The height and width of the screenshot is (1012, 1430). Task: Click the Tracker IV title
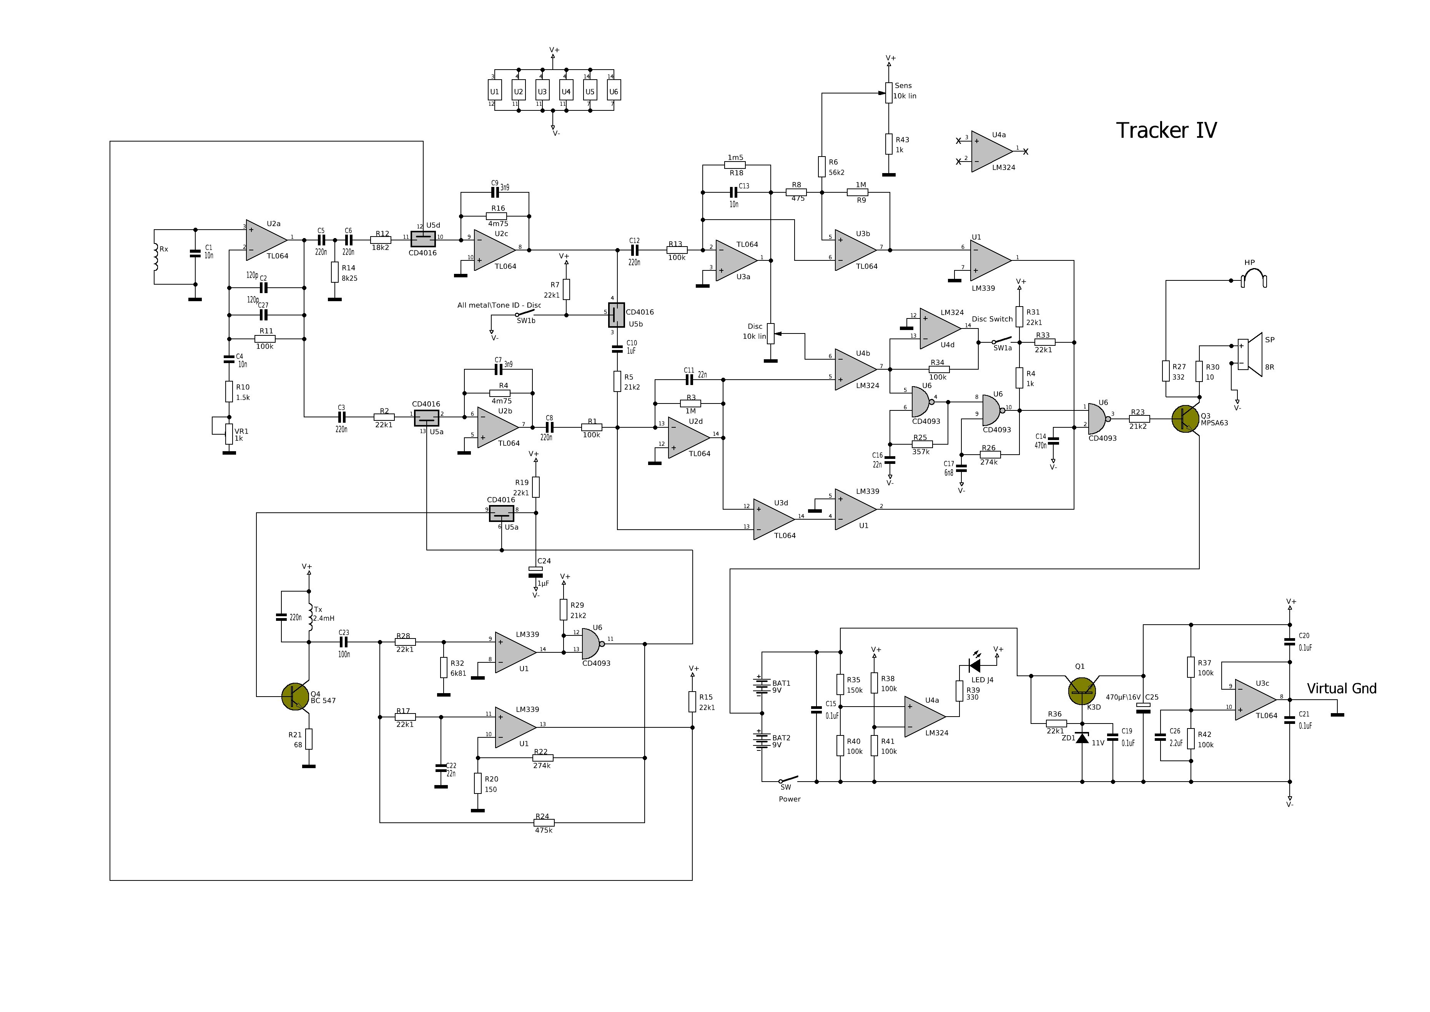[x=1166, y=130]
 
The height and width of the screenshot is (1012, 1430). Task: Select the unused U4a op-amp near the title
[x=991, y=152]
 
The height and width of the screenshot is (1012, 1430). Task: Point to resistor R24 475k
[x=544, y=822]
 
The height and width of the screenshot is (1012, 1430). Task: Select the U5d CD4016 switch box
[x=423, y=238]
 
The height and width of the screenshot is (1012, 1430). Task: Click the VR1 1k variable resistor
[x=229, y=434]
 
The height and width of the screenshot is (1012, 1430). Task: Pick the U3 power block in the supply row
[x=542, y=91]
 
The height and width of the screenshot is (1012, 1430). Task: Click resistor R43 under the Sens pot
[x=889, y=144]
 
